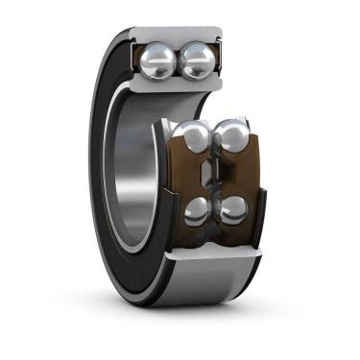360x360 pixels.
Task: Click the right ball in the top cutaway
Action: coord(199,62)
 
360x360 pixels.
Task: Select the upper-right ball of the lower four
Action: coord(231,137)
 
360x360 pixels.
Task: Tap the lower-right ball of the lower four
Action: coord(232,209)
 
